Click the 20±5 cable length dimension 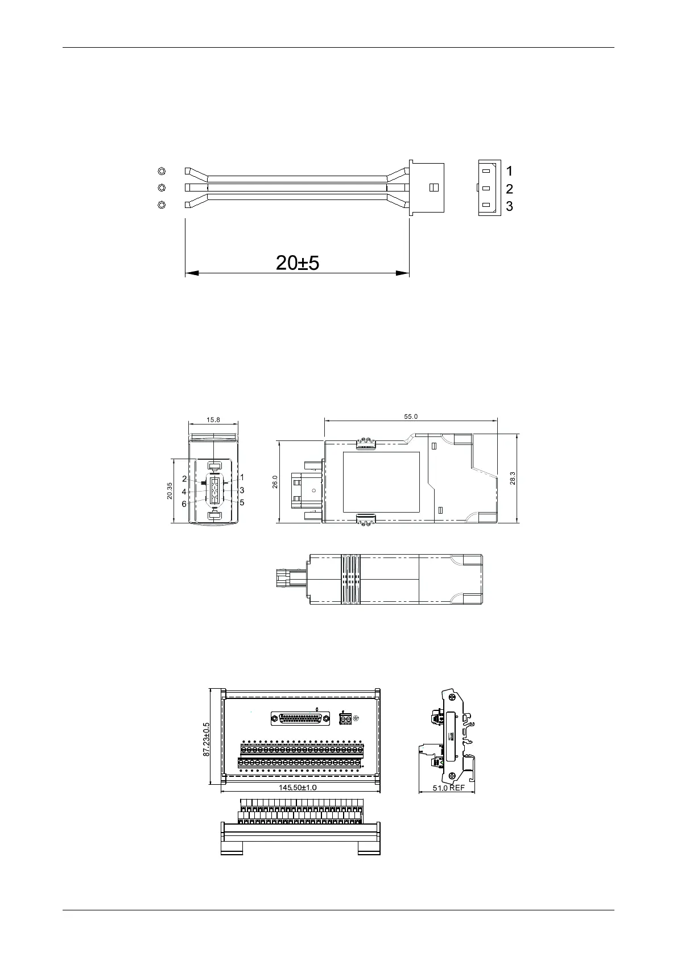(297, 263)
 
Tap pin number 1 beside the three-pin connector (509, 171)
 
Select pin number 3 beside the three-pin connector (509, 206)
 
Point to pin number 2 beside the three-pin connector (509, 189)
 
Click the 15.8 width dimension (213, 419)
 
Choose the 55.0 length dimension (411, 416)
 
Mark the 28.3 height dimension (513, 478)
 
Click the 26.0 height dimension (275, 482)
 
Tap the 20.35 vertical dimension (170, 491)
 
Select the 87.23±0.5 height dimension (206, 739)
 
